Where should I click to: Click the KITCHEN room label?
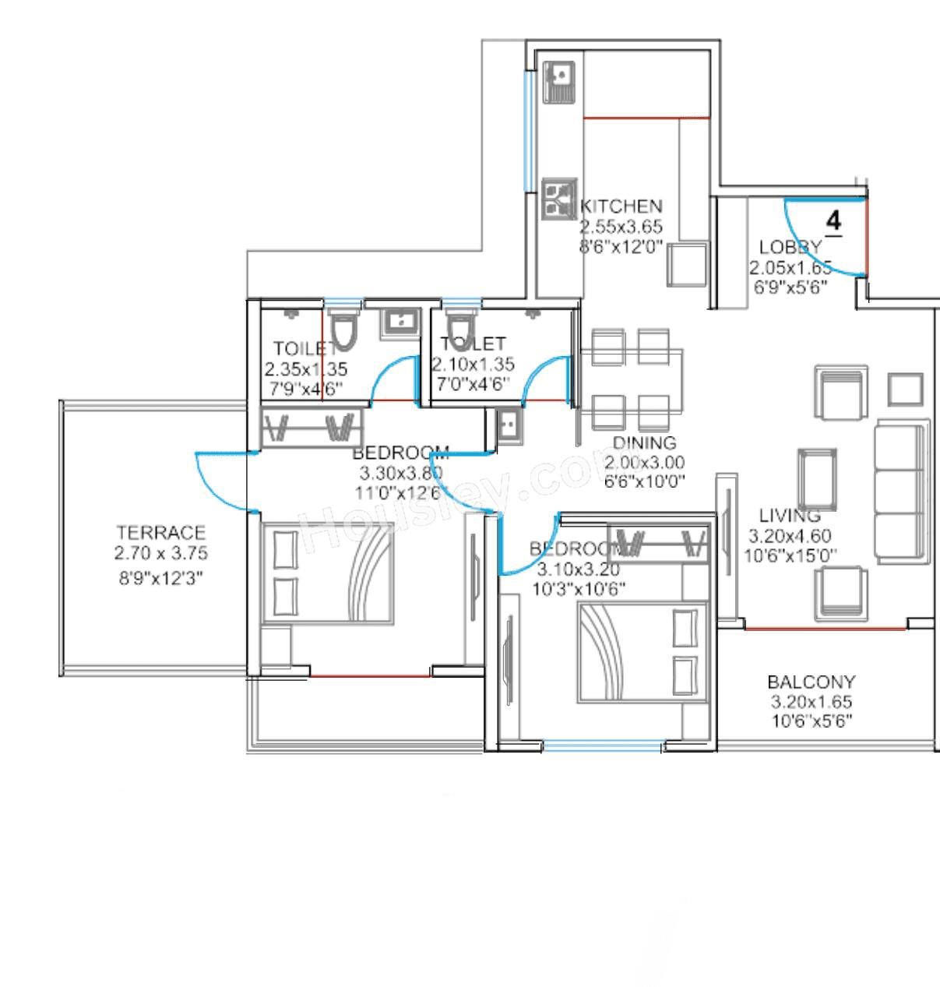(x=621, y=206)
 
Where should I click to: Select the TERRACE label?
(x=160, y=533)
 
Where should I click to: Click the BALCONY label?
(x=811, y=682)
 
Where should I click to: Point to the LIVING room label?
(x=790, y=515)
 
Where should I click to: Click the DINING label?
(x=644, y=443)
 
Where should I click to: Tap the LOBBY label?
(x=790, y=247)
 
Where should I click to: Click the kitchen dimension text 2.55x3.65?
(x=620, y=227)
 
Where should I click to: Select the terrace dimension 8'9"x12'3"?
(x=160, y=579)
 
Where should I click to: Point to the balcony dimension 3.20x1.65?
(x=811, y=702)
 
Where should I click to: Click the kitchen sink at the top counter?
(x=558, y=81)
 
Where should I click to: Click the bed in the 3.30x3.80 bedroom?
(x=327, y=573)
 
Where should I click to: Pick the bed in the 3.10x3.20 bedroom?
(x=642, y=651)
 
